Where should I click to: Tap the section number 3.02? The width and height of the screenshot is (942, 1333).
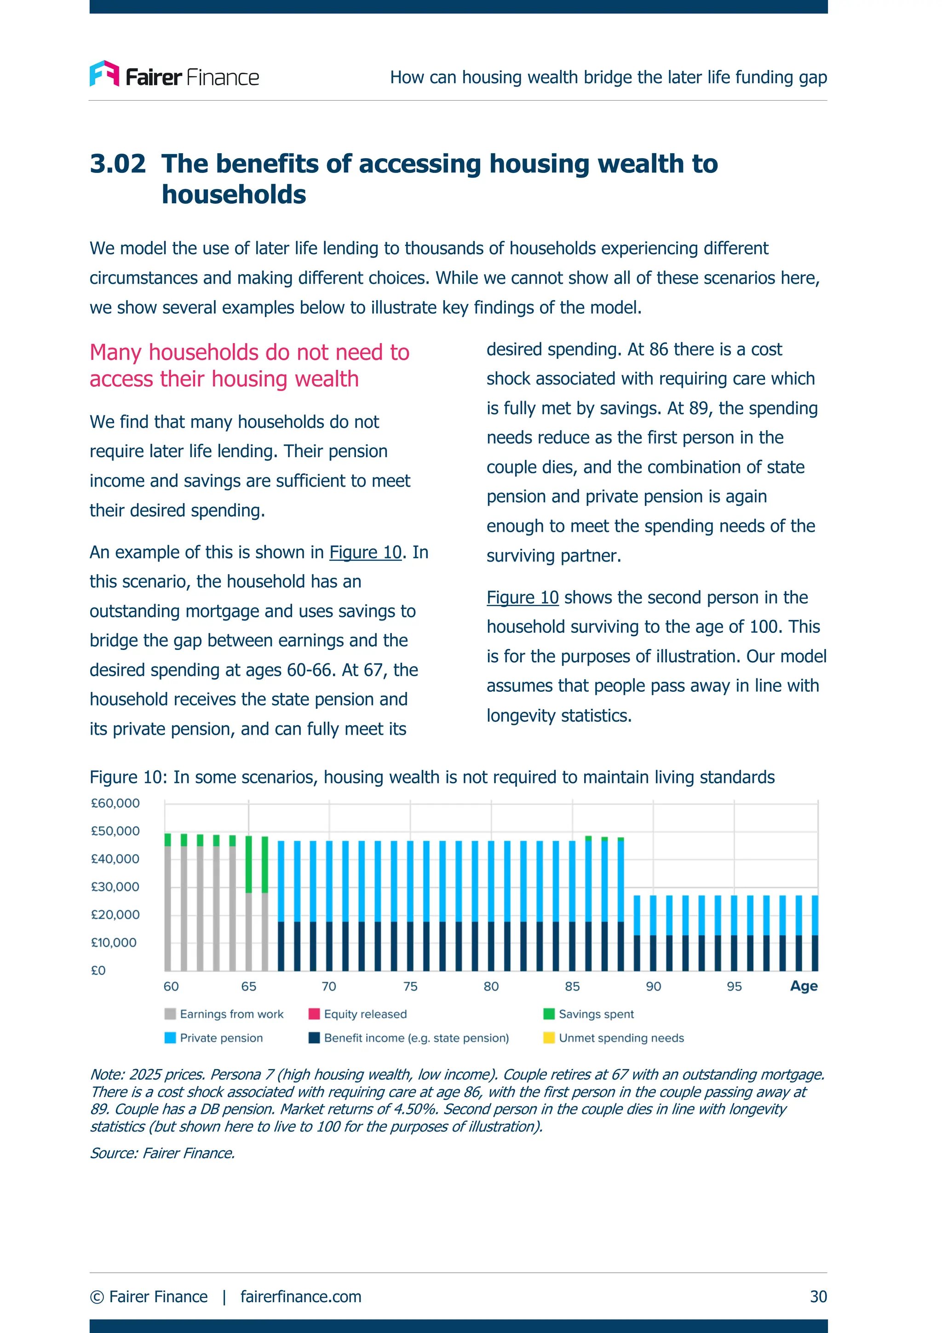pyautogui.click(x=118, y=164)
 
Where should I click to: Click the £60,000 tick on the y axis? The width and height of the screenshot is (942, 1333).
pyautogui.click(x=115, y=804)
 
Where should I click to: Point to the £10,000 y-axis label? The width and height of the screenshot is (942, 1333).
pyautogui.click(x=114, y=943)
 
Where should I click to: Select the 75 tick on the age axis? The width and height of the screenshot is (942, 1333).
pyautogui.click(x=410, y=986)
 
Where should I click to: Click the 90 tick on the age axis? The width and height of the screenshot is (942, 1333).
pyautogui.click(x=654, y=986)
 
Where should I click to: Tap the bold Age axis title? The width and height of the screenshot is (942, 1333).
pyautogui.click(x=804, y=986)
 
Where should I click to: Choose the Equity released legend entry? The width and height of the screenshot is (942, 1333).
pyautogui.click(x=358, y=1014)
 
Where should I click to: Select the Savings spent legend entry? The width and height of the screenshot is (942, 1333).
pyautogui.click(x=589, y=1014)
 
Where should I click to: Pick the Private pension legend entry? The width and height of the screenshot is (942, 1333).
pyautogui.click(x=214, y=1038)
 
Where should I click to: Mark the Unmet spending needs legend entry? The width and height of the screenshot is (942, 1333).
pyautogui.click(x=614, y=1038)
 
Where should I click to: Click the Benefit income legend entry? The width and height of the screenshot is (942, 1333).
pyautogui.click(x=409, y=1038)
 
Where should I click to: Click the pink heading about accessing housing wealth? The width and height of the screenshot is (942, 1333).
pyautogui.click(x=250, y=366)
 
